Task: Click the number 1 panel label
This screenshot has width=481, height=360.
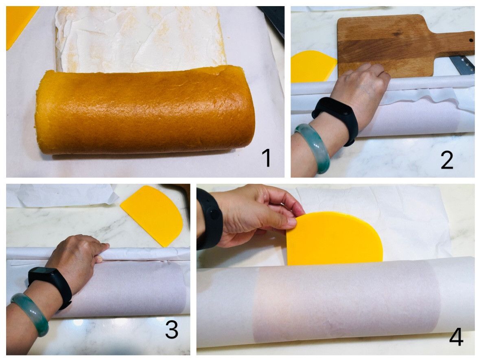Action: [267, 157]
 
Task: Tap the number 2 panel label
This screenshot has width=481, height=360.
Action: [447, 160]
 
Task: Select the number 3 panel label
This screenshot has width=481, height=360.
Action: [171, 329]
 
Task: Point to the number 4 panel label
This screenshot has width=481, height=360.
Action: [456, 336]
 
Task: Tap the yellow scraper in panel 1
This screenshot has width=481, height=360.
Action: [18, 24]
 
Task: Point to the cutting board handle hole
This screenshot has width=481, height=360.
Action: [470, 40]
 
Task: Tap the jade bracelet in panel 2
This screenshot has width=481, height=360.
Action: [311, 147]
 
